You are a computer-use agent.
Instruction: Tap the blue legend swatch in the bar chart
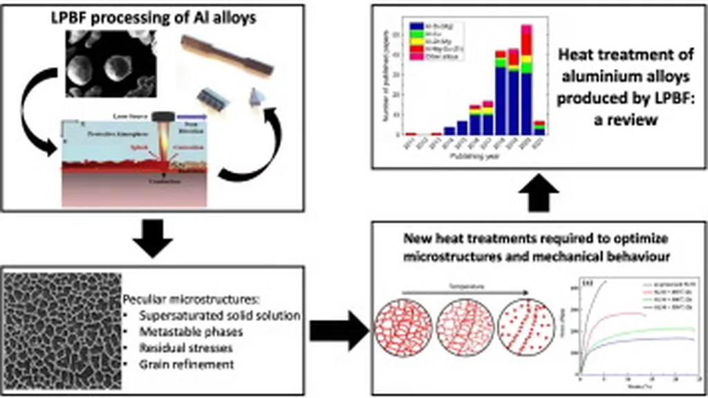tap(417, 26)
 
